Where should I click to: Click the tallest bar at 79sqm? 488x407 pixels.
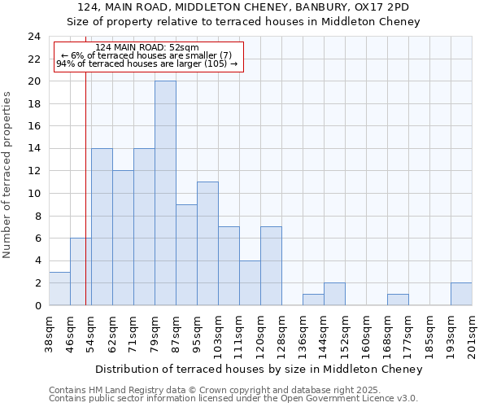point(165,193)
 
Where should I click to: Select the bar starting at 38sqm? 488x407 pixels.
point(59,288)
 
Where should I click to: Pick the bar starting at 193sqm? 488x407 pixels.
point(461,294)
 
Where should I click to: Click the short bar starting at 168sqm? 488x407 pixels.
point(398,300)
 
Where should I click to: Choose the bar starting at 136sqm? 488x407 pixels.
point(313,300)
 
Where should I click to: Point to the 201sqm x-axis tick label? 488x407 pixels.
point(473,335)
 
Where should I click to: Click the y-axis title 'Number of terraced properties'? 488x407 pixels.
point(7,174)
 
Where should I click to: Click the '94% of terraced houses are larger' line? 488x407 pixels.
point(146,63)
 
